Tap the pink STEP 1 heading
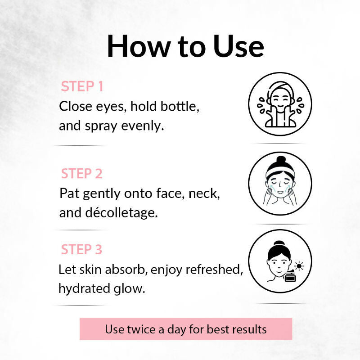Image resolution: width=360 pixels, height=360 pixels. pos(82,86)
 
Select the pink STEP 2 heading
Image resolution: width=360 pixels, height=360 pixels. pos(82,174)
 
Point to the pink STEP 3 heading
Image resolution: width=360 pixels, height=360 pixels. pos(82,249)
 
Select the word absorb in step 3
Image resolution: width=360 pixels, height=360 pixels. pos(128,270)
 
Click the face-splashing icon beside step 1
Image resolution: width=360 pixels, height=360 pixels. pos(280,104)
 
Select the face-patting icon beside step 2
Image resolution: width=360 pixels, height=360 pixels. pos(280,183)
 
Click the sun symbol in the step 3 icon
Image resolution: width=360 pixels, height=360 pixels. pos(298,266)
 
